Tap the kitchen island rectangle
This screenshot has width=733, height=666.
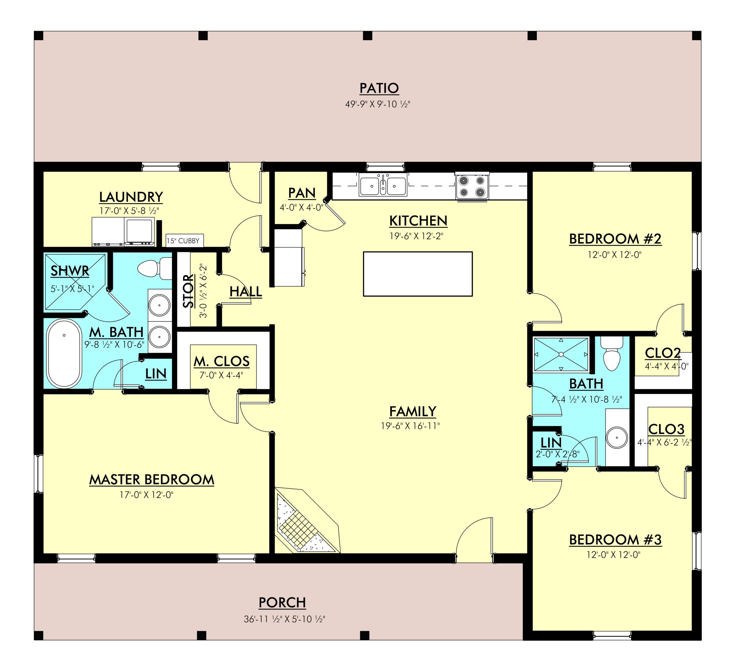[418, 274]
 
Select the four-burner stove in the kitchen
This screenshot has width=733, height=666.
[472, 186]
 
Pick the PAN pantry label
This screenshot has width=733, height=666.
[302, 193]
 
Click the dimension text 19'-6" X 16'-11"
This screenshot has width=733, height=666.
[410, 426]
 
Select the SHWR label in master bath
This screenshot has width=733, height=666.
[70, 271]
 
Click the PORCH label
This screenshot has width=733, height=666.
[282, 603]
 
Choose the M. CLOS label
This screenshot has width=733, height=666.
[221, 361]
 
